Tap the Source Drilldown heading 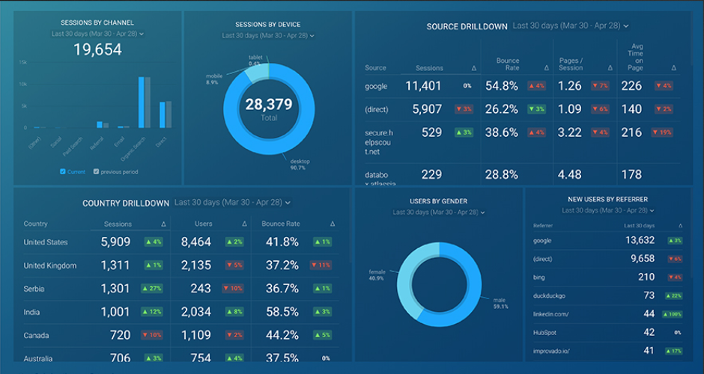467,26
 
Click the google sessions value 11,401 423,86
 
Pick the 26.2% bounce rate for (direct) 501,109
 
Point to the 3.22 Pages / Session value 570,132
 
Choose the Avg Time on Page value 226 631,86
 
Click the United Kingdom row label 50,266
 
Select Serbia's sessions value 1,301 115,289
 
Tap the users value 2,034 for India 195,312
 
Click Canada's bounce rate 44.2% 282,335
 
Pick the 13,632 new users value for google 640,240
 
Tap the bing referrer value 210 646,277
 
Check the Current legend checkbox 63,171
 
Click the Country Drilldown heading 126,203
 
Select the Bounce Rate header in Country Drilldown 281,224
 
